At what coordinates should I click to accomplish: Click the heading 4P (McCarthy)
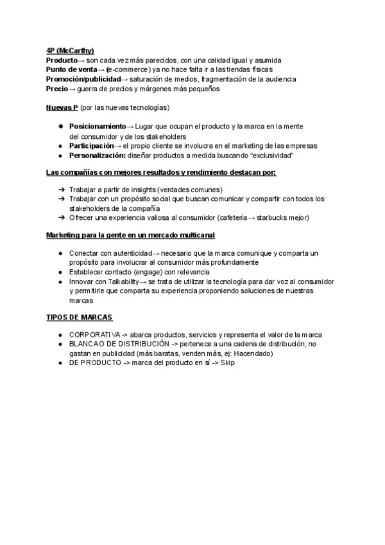pos(70,51)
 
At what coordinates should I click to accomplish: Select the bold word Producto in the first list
pos(62,60)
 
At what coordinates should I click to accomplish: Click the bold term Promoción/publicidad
pos(83,80)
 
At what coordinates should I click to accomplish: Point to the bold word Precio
pos(56,89)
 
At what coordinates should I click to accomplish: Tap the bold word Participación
pos(91,146)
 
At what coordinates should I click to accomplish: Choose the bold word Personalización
pos(97,156)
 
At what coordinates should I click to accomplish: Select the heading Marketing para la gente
pos(130,236)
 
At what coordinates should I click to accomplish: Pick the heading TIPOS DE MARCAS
pos(80,318)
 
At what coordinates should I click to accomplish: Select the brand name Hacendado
pos(253,353)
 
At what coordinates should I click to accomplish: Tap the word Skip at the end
pos(228,363)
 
